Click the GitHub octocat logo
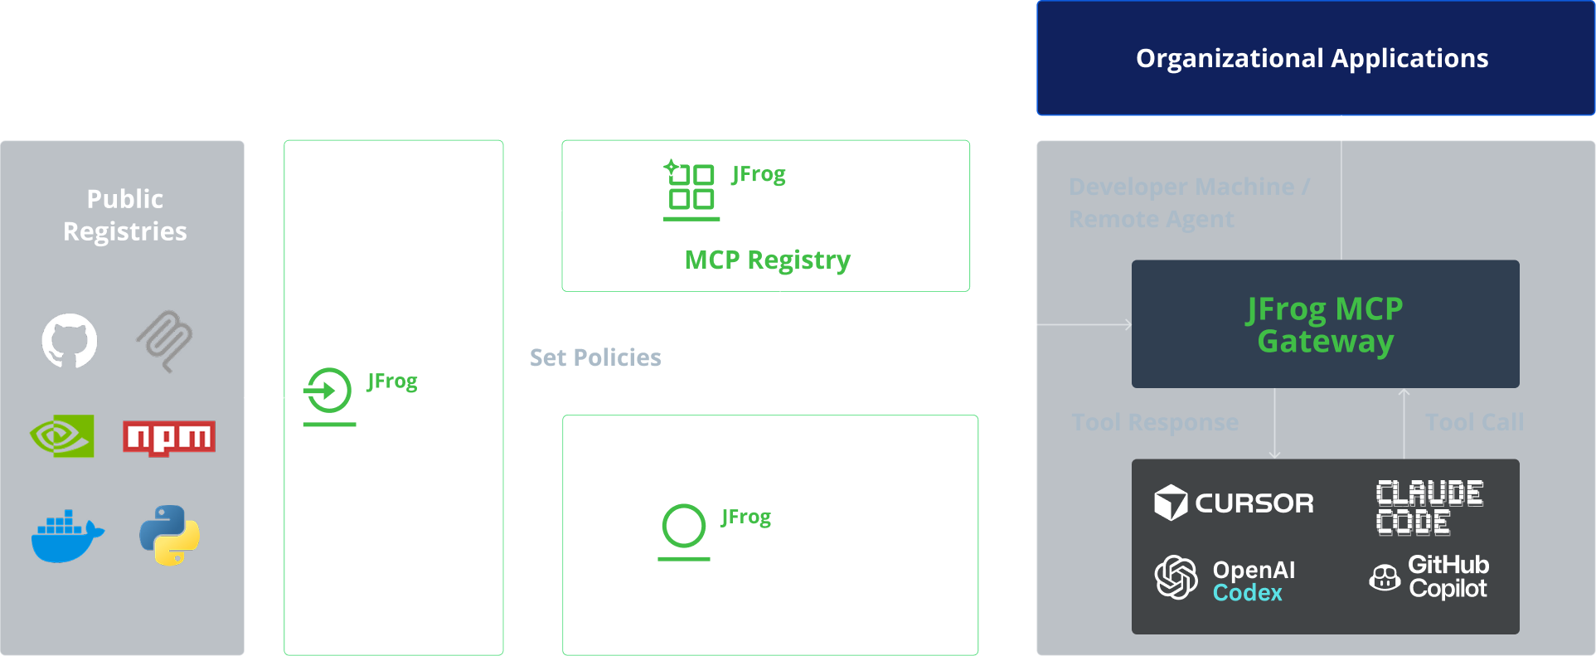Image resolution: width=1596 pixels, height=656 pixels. point(70,341)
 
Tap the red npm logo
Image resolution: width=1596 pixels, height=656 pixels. point(168,437)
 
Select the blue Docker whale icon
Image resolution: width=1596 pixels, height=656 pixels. point(67,537)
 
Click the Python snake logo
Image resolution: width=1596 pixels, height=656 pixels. point(170,536)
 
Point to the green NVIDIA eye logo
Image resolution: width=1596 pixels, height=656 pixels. point(62,436)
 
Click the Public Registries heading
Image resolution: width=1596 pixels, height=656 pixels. point(125,215)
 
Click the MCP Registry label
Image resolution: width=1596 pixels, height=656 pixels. point(767,260)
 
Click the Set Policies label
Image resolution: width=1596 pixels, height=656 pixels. point(595,357)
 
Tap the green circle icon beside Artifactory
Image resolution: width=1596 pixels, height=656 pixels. point(684,527)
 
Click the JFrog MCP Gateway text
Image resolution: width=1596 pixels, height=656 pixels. point(1325,324)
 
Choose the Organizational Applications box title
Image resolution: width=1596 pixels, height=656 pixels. point(1312,58)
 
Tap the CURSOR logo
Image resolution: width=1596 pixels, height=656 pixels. point(1234,503)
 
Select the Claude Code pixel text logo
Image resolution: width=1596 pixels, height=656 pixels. point(1429,507)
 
